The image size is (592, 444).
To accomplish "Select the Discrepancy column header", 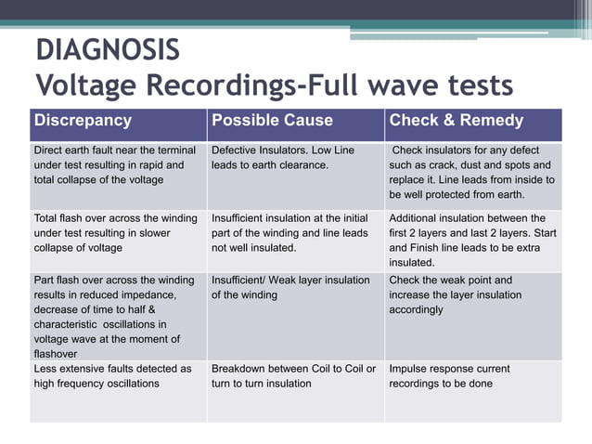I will (x=83, y=121).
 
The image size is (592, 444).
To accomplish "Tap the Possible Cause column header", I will (x=272, y=121).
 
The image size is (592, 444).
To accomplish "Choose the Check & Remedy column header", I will (x=457, y=121).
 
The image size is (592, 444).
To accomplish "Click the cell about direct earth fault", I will (x=115, y=164).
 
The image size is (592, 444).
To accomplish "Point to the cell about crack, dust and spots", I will (x=472, y=172).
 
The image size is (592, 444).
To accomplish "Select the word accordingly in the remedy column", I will (x=417, y=309).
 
